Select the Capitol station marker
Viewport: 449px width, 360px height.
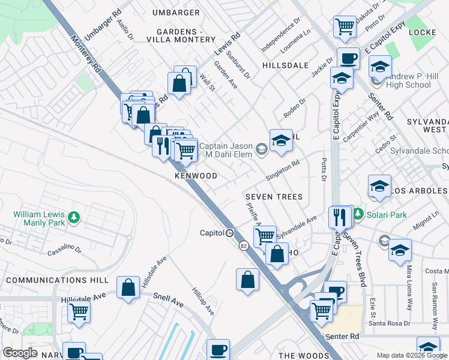tap(230, 233)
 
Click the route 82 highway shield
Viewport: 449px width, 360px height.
tap(243, 246)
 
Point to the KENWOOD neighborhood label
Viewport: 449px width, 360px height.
tap(196, 176)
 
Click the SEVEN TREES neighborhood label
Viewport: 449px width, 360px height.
tap(273, 197)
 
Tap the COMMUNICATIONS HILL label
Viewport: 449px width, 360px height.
tap(57, 280)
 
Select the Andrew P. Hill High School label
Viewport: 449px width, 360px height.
tap(417, 80)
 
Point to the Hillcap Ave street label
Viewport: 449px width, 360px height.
tap(202, 301)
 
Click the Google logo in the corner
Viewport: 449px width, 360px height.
tap(20, 353)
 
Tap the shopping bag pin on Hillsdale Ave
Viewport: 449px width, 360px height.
tap(128, 287)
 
